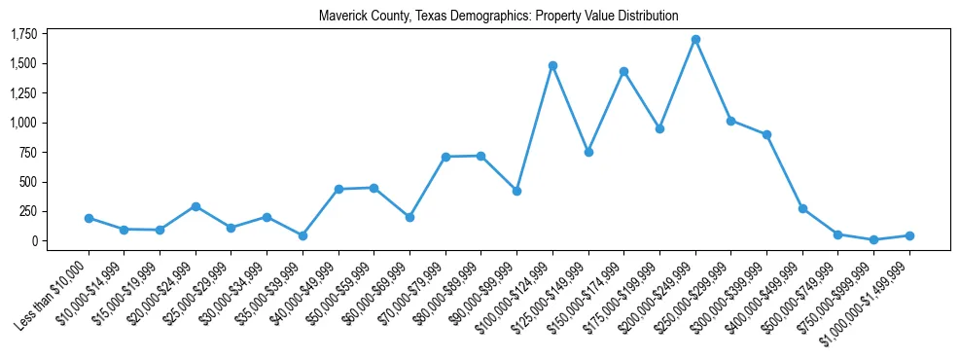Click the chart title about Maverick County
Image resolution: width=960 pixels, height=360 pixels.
click(x=499, y=16)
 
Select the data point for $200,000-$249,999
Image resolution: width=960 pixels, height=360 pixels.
click(x=695, y=40)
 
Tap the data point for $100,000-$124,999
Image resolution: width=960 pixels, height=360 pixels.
click(x=552, y=65)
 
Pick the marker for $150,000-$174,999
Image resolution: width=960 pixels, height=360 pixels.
click(x=623, y=71)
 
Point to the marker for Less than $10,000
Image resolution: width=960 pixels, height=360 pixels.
click(x=89, y=218)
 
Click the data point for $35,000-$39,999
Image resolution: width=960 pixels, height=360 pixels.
click(x=302, y=235)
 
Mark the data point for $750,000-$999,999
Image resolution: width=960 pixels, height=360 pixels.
click(x=873, y=239)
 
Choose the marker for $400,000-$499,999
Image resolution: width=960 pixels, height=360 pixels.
click(x=802, y=208)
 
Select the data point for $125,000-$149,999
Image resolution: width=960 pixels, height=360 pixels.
click(x=588, y=152)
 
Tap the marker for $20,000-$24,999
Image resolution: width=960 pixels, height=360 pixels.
click(x=196, y=206)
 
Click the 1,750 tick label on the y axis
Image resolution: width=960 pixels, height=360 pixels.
click(x=23, y=34)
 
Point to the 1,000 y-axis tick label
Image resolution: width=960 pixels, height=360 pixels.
click(x=23, y=123)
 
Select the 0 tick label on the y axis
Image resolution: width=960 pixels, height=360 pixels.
click(x=33, y=240)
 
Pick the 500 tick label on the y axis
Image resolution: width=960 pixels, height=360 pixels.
click(x=27, y=182)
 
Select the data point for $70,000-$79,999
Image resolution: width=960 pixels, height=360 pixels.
click(x=445, y=157)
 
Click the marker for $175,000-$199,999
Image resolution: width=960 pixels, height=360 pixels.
click(x=659, y=128)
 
